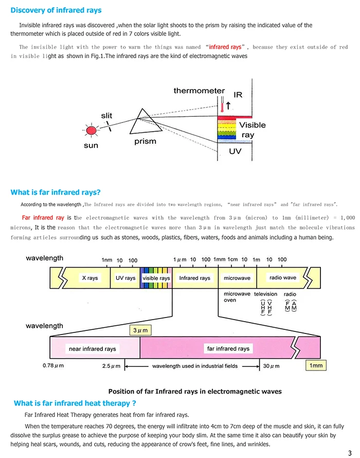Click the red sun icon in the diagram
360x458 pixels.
tap(92, 131)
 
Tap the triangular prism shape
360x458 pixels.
tap(141, 123)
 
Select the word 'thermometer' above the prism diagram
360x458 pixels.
tap(199, 91)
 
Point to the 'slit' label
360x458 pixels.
tap(106, 116)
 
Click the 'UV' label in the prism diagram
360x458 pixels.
tap(235, 152)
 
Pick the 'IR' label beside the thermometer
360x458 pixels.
tap(238, 95)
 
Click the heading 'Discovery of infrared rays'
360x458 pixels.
tap(56, 10)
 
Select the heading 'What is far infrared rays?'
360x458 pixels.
tap(56, 192)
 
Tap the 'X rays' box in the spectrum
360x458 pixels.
tap(89, 278)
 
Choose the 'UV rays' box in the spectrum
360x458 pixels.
tap(125, 278)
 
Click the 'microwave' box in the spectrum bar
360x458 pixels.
tap(237, 278)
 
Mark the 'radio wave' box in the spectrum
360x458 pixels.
tap(283, 277)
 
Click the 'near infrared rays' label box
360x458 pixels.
tap(93, 349)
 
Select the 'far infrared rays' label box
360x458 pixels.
tap(228, 348)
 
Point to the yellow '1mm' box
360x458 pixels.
tap(316, 365)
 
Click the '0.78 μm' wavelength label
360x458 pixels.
tap(54, 366)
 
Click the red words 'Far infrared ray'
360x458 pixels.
tap(43, 218)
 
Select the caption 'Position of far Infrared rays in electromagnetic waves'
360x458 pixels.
tap(195, 391)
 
